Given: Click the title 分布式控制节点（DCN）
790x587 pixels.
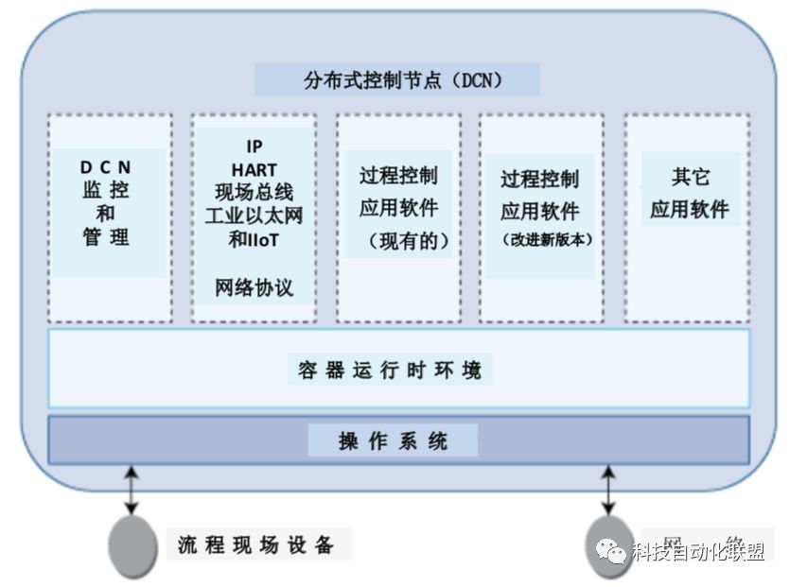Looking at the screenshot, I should point(397,80).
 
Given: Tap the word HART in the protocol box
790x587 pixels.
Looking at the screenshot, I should point(254,170).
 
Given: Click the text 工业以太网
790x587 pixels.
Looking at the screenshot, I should point(254,216).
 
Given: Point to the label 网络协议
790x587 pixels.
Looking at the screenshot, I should point(254,288).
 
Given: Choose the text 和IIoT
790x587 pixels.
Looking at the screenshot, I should point(254,239).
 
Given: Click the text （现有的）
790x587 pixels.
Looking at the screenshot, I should point(397,242).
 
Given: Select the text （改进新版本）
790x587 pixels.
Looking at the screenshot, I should point(540,240).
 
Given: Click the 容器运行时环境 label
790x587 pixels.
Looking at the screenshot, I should point(390,370).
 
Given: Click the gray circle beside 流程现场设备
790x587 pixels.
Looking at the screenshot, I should point(132,545).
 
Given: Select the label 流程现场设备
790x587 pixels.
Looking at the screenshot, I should point(255,545).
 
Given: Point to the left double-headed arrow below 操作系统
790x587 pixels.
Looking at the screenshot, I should point(132,489).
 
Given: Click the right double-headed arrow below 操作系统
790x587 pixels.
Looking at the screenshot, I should point(607,489).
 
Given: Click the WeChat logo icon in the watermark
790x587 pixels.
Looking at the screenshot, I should point(611,550).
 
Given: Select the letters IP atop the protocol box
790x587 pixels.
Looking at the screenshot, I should point(254,147).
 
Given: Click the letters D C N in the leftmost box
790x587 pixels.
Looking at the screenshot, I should point(106,167).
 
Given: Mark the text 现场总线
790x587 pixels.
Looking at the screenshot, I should point(254,193).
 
